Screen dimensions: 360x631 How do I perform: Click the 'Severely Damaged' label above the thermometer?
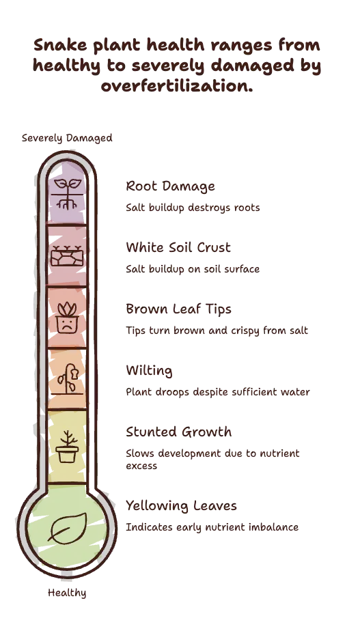point(67,138)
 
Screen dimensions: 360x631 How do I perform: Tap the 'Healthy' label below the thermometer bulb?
point(67,593)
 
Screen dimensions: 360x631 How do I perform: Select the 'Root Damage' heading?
point(170,186)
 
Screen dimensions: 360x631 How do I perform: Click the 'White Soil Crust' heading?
point(178,247)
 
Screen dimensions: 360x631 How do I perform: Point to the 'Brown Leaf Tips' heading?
point(178,309)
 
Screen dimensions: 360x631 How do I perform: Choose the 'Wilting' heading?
point(149,371)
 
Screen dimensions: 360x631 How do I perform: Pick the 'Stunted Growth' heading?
point(179,432)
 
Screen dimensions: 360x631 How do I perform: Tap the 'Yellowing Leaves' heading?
point(181,506)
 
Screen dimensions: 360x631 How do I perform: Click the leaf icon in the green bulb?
point(67,528)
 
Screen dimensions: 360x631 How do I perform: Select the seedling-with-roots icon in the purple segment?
point(67,195)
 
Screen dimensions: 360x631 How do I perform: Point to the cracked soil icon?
point(67,255)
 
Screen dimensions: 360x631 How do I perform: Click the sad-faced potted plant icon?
point(67,318)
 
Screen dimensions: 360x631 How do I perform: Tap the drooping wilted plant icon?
point(67,379)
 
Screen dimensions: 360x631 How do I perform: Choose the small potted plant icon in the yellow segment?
point(67,447)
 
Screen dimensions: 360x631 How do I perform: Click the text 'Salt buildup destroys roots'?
point(193,208)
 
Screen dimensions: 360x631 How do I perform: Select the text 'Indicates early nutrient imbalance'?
point(212,527)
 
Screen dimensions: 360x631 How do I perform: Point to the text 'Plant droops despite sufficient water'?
point(218,392)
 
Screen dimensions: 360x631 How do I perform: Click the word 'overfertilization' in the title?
point(177,86)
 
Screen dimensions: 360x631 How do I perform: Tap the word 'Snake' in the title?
point(60,44)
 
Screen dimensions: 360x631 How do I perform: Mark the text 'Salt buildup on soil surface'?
point(193,269)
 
